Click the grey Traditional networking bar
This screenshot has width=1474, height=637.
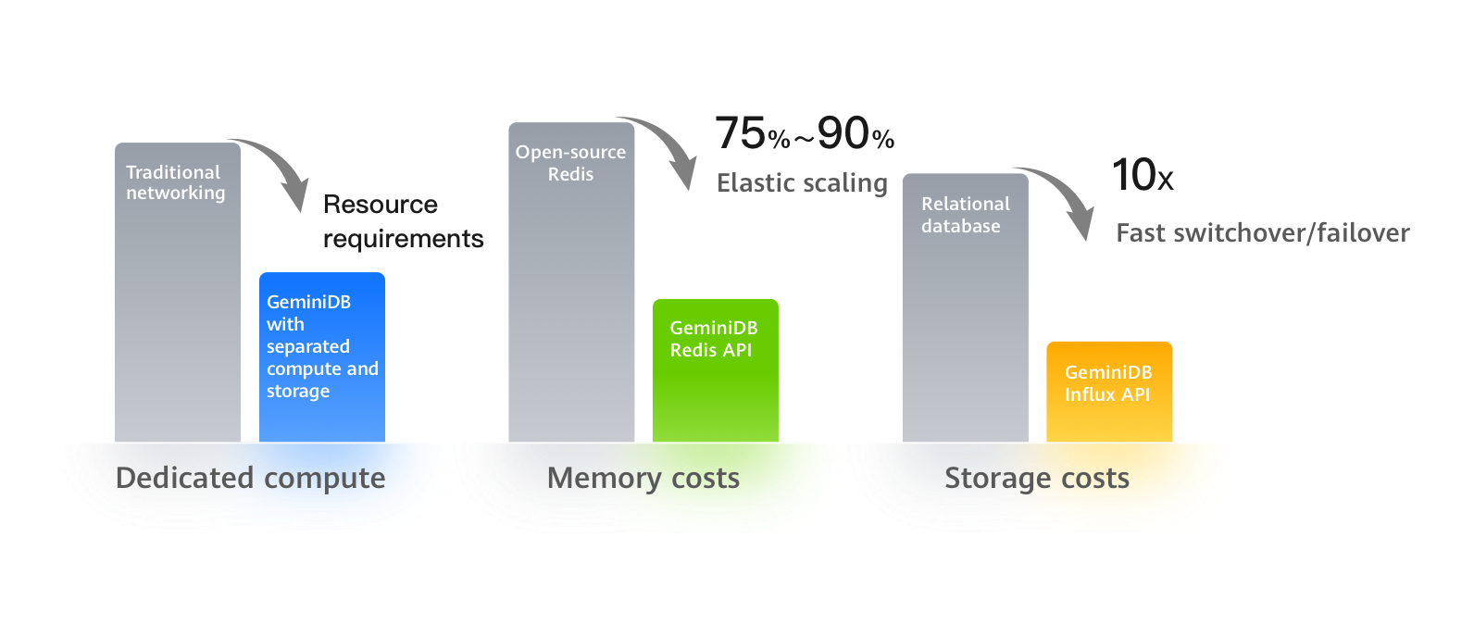(178, 306)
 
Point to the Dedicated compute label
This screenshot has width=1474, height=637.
(250, 478)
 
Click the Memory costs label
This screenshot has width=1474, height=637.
(643, 478)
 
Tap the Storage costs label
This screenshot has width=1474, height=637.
(1037, 478)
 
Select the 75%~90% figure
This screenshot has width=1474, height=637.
(804, 134)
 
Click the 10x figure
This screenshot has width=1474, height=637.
(1142, 175)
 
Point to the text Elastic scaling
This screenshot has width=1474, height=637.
(802, 182)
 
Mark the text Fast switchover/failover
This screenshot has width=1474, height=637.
(1263, 232)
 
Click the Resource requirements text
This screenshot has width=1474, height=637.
(403, 221)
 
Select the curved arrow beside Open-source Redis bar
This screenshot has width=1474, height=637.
(665, 147)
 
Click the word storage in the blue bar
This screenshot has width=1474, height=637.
(298, 391)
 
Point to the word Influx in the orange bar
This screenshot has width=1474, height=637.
(1090, 394)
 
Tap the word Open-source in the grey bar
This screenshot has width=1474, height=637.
(570, 152)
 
